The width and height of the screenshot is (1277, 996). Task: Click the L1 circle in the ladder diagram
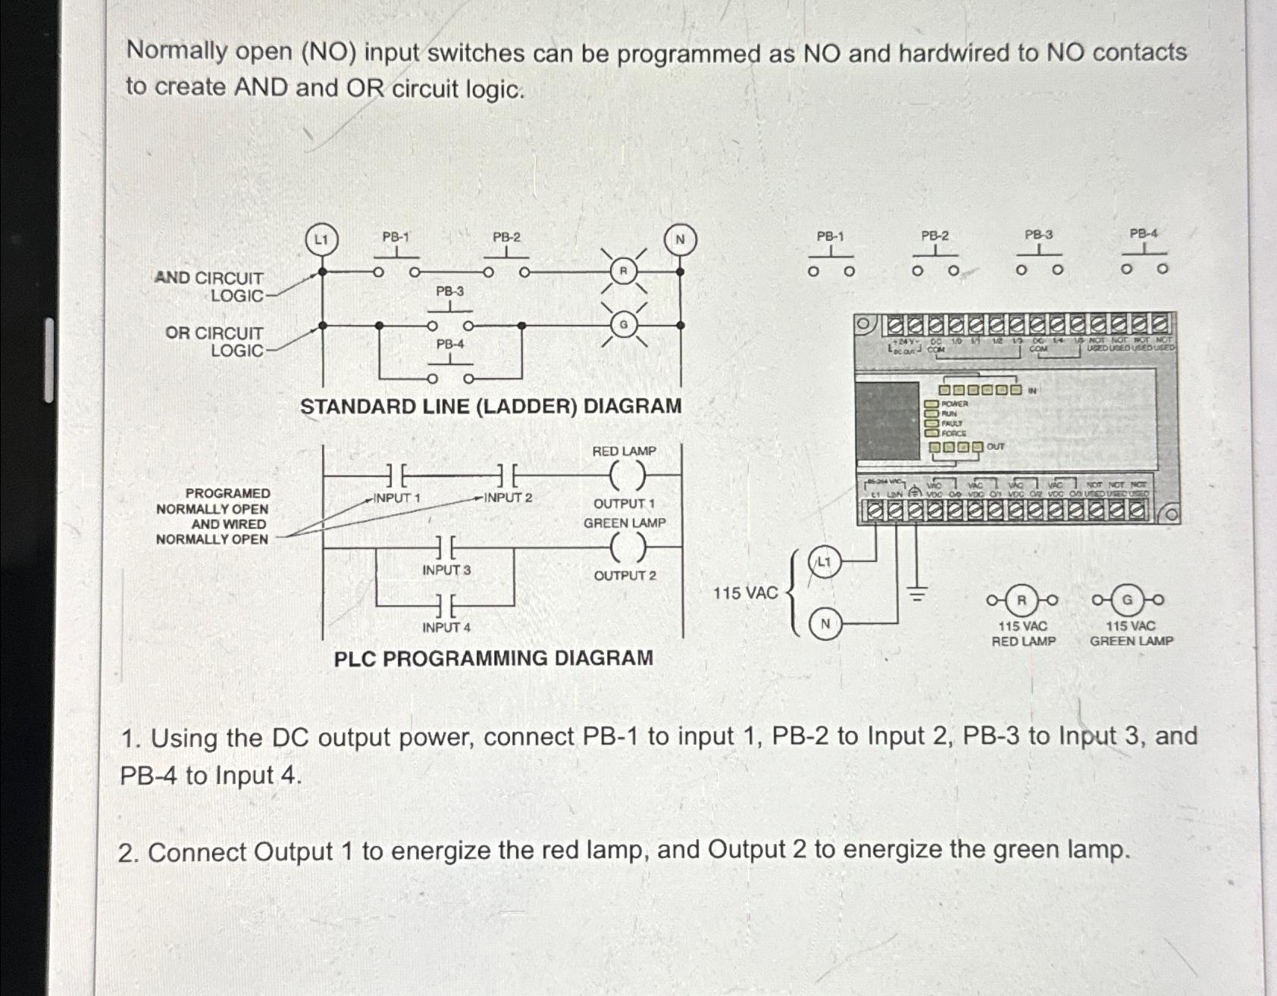click(321, 240)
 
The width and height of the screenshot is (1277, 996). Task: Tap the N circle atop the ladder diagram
click(680, 240)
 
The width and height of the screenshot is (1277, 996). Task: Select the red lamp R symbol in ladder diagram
click(623, 271)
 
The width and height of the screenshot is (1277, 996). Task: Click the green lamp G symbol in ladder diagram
click(624, 325)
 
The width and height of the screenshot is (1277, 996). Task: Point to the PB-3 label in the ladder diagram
click(449, 292)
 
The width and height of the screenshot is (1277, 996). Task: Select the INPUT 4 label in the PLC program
click(446, 627)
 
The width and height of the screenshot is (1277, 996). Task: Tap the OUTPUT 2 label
click(624, 576)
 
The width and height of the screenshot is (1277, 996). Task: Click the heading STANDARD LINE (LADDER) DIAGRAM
click(490, 407)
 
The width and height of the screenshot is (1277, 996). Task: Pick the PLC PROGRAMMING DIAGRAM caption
click(493, 658)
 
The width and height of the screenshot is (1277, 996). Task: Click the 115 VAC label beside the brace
click(745, 593)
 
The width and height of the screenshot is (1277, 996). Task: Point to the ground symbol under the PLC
click(918, 595)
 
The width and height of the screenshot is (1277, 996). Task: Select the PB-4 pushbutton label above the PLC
click(1144, 234)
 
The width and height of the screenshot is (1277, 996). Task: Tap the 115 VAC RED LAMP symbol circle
click(1022, 601)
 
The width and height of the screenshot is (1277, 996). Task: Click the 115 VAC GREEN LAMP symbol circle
click(1128, 601)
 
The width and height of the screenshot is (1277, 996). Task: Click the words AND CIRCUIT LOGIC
click(210, 287)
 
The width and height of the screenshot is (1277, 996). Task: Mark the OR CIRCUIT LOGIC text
click(215, 342)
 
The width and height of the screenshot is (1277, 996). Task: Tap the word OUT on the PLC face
click(995, 447)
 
